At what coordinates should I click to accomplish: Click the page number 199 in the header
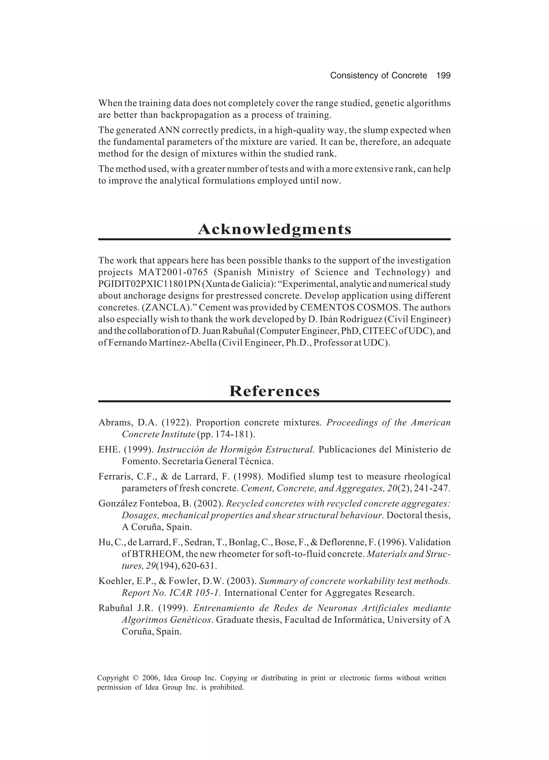coord(443,76)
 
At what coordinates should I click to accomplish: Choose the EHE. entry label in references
coord(108,449)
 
